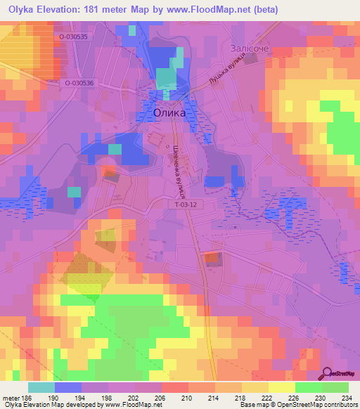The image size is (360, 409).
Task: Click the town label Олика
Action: [169, 112]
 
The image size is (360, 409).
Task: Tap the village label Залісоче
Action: [250, 48]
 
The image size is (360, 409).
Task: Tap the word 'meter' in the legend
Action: [10, 398]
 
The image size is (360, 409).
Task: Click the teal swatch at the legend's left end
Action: [41, 387]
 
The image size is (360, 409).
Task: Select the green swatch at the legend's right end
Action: [335, 387]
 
